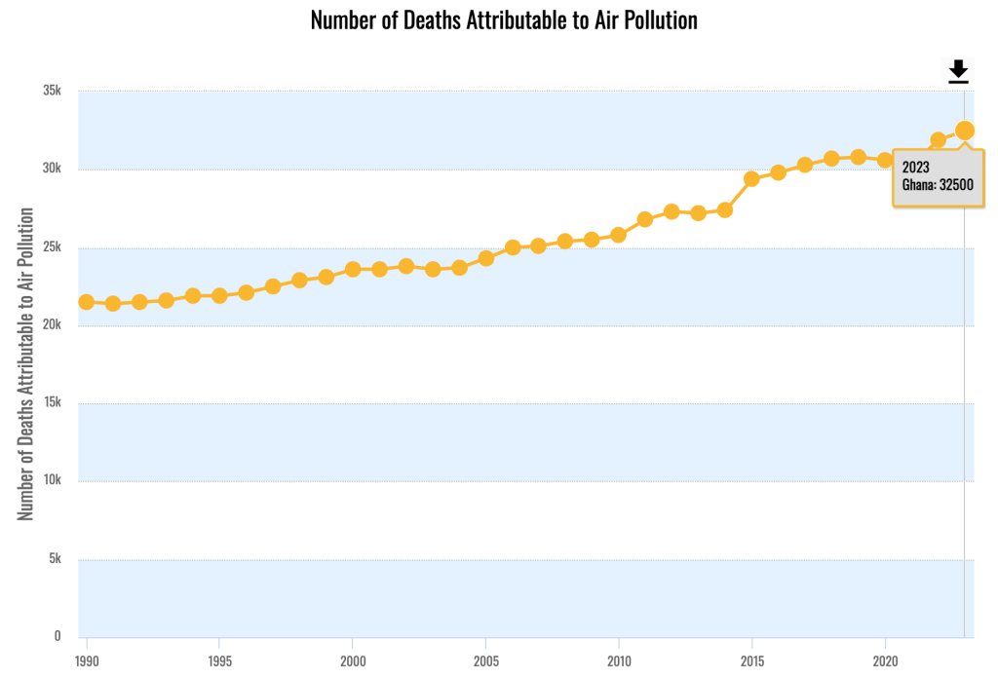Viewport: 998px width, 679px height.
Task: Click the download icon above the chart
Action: [958, 71]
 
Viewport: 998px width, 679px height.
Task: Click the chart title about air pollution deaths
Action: [504, 19]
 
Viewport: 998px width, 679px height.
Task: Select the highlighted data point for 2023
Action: [965, 131]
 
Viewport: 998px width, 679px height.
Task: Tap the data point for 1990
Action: [87, 302]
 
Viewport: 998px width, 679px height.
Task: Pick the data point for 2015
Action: [751, 178]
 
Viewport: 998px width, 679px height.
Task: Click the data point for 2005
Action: [485, 258]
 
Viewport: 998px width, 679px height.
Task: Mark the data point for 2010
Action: [618, 235]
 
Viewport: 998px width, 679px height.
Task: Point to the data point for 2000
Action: [353, 269]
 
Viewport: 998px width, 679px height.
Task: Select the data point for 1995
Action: [219, 295]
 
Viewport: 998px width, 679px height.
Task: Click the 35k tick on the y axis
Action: [52, 91]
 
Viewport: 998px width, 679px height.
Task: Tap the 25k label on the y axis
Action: [52, 247]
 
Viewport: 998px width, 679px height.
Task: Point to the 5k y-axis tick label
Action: [55, 559]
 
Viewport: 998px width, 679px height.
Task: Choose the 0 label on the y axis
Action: [58, 636]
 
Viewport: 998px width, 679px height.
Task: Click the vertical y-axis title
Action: [26, 363]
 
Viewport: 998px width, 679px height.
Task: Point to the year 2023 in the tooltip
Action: [916, 167]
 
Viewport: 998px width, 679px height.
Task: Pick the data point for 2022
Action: [938, 140]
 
